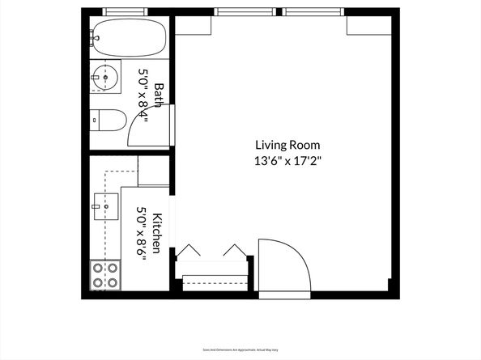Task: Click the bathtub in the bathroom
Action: (x=130, y=37)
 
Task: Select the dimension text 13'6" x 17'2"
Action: (x=287, y=160)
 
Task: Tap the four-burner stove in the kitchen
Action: (x=104, y=275)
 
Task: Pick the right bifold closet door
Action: (x=235, y=250)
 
